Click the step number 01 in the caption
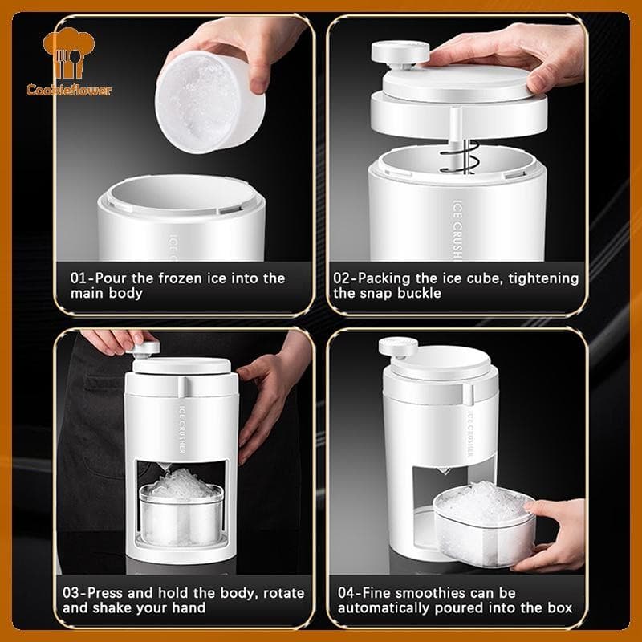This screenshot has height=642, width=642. tap(79, 278)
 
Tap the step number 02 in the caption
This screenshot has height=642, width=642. tap(343, 278)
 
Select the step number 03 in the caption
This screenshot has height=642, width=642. tap(79, 593)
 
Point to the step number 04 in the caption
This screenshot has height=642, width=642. tap(347, 593)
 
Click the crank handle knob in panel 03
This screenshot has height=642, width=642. tap(148, 349)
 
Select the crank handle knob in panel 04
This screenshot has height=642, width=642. tap(394, 348)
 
